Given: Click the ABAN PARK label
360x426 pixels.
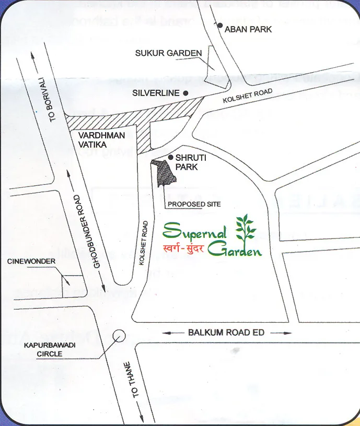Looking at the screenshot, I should [x=248, y=29].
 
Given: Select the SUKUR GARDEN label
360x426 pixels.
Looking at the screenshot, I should [x=168, y=53].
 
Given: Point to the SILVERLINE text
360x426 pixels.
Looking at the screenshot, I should [x=155, y=93].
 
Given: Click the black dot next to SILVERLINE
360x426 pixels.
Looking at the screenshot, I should [x=185, y=93].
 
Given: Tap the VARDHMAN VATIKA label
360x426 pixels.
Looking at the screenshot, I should [x=101, y=139].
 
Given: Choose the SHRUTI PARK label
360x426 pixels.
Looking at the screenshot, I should [x=187, y=162].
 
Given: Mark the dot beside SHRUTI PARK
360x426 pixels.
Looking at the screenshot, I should [x=170, y=157].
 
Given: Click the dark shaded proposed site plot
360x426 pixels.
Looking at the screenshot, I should [x=166, y=172].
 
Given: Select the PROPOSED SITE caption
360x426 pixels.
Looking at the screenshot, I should [x=193, y=204].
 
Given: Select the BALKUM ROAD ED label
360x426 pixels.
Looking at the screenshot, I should [x=226, y=333].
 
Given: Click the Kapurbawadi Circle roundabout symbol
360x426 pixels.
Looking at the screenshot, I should [x=120, y=335].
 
